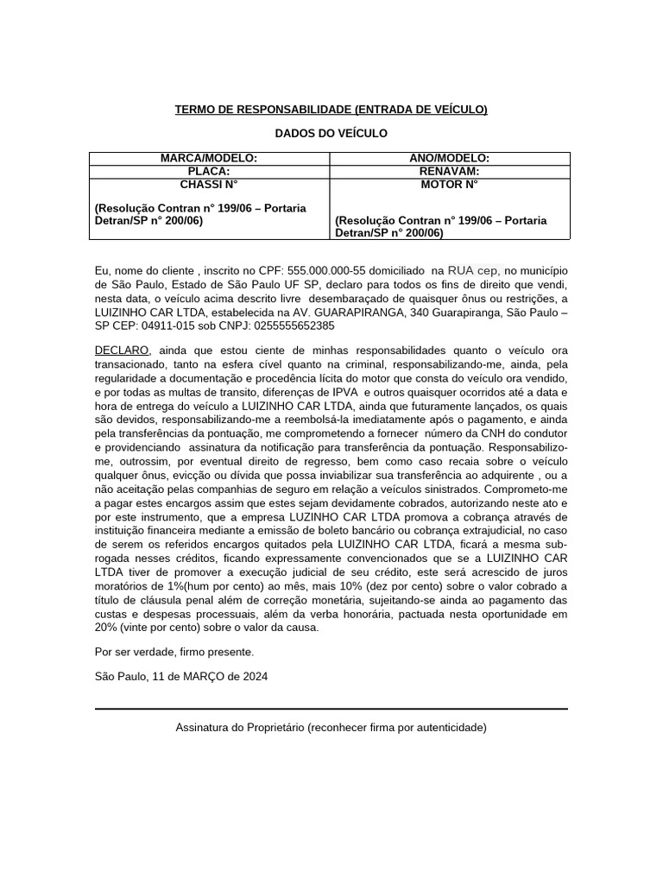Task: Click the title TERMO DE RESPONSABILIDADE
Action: [331, 110]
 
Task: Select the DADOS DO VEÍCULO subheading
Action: [331, 134]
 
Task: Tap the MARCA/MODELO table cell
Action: [209, 159]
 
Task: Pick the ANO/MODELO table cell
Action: [449, 159]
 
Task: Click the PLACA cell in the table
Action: [209, 172]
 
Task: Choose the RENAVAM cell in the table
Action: [449, 172]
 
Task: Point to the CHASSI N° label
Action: [209, 185]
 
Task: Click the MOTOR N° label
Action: [449, 185]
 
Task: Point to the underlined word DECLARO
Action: [122, 350]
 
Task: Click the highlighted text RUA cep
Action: [473, 271]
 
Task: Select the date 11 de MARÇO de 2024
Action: [210, 677]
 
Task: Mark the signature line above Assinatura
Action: [331, 709]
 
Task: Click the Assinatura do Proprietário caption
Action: [331, 728]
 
